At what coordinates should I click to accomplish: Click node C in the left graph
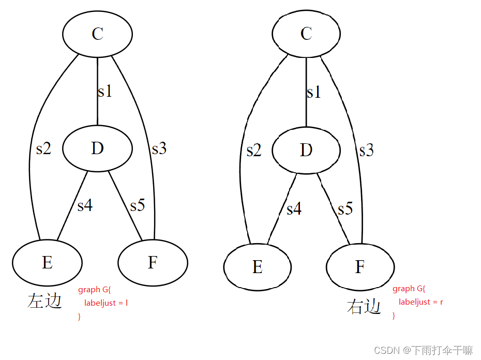(97, 34)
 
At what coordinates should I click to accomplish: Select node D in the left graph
(97, 148)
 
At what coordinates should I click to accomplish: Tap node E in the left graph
(47, 263)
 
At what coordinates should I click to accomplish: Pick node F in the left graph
(153, 263)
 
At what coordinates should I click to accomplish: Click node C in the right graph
(306, 34)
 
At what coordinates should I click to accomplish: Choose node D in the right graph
(306, 150)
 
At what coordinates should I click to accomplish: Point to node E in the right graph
(258, 267)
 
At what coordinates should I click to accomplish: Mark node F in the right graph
(360, 267)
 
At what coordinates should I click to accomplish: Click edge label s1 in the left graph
(105, 92)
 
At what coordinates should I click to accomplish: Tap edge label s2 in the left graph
(43, 149)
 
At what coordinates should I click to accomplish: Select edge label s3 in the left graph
(159, 149)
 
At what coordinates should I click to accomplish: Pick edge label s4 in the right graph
(294, 209)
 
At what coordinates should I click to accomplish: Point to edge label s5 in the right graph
(345, 209)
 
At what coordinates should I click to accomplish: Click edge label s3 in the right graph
(366, 151)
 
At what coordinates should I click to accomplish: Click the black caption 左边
(45, 301)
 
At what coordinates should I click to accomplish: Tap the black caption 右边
(364, 307)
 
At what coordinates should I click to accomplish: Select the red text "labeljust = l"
(106, 303)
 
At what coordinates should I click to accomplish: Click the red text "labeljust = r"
(420, 302)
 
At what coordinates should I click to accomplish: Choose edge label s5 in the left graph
(138, 205)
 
